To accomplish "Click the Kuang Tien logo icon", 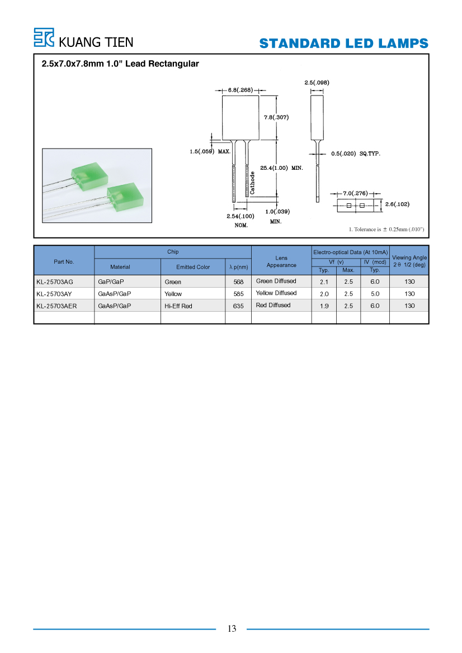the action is point(44,37).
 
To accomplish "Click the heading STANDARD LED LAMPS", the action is point(343,44).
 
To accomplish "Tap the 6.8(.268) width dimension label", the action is point(240,90).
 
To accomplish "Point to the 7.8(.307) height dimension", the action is point(276,117).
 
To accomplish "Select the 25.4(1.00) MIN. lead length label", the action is point(281,168).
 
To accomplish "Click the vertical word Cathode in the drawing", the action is point(252,183).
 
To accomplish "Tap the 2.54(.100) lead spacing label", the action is point(240,216).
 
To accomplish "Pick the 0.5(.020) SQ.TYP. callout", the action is point(356,154).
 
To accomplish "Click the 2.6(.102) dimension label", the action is point(397,204).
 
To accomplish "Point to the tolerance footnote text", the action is point(386,230).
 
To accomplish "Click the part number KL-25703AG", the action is point(55,282).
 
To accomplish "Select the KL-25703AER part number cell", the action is point(56,306).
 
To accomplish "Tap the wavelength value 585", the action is point(238,294).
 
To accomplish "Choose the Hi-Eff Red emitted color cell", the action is point(178,306).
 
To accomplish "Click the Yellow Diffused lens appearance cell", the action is point(276,293).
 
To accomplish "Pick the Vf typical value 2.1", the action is point(324,282).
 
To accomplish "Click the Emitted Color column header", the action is point(193,267).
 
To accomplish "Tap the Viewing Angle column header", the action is point(409,261).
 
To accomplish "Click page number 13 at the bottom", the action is point(232,628).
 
